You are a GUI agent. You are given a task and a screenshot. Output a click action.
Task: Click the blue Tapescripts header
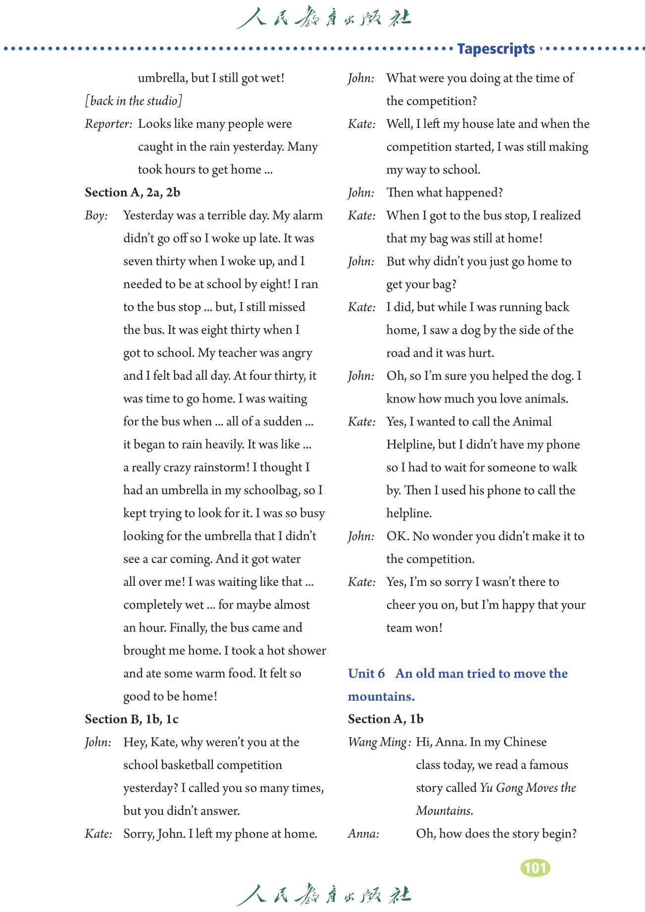coord(496,49)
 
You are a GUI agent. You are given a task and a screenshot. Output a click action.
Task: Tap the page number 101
coord(535,868)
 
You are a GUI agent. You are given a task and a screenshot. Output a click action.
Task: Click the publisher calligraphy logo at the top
coord(323,18)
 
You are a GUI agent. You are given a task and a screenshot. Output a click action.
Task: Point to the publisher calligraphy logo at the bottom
coord(323,894)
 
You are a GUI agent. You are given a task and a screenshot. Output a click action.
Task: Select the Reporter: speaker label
coord(108,124)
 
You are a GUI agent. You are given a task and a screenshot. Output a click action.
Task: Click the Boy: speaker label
coord(96,215)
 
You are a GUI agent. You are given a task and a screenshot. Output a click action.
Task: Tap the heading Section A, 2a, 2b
coord(132,193)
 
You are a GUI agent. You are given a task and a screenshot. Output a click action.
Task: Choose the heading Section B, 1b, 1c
coord(132,719)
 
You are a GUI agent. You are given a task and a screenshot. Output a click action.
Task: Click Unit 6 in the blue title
coord(366,673)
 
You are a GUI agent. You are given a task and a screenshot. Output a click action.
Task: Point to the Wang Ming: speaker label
coord(379,742)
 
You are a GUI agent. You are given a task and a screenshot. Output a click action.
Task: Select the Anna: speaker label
coord(363,834)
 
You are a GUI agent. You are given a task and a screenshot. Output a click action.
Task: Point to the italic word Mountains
coord(444,811)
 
